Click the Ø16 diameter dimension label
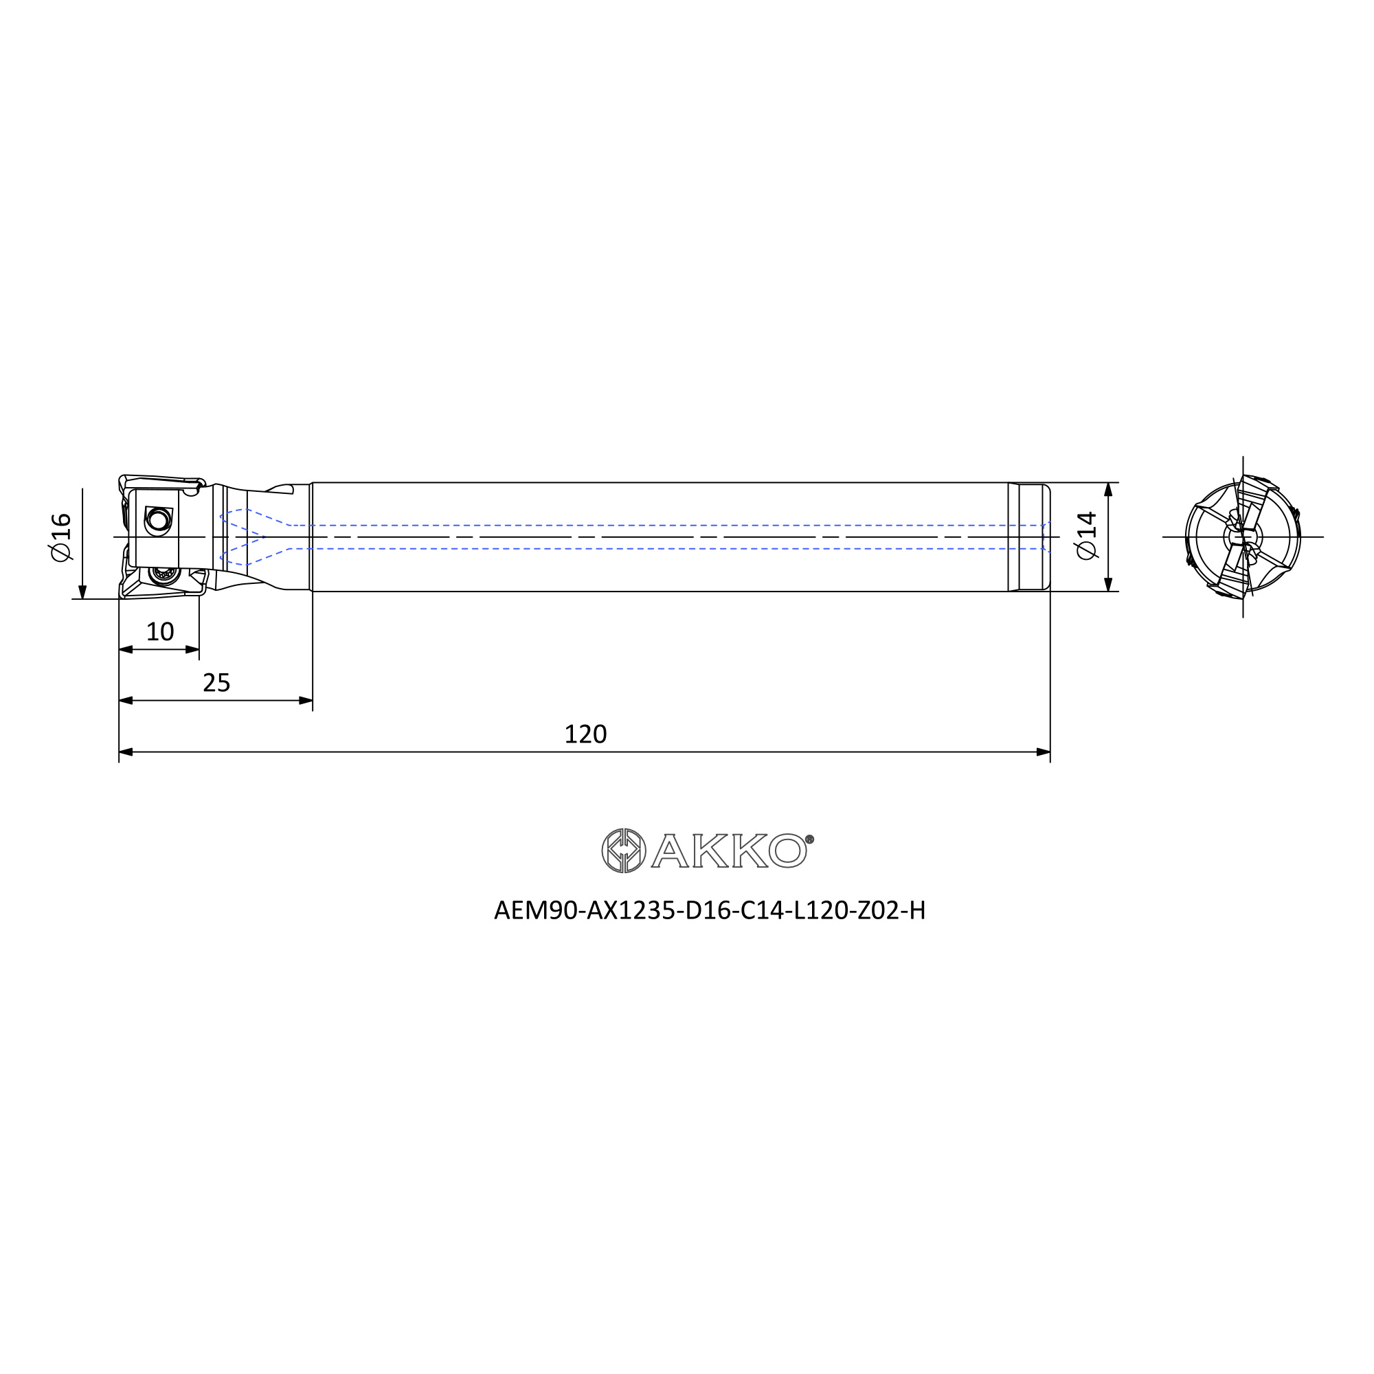(62, 537)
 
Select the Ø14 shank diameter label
(1088, 536)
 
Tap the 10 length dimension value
(160, 631)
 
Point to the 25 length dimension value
(216, 683)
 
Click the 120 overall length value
(585, 734)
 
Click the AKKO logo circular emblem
(624, 851)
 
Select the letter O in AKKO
(787, 851)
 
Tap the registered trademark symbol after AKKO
(809, 840)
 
